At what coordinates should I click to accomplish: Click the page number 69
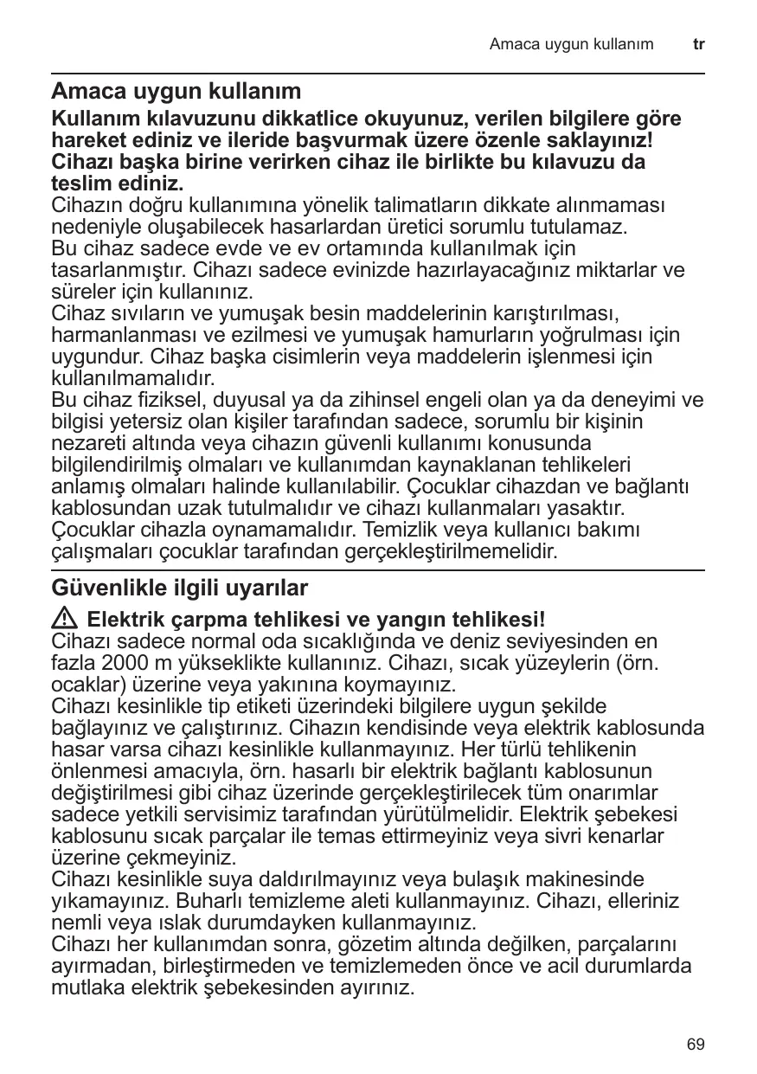(696, 1045)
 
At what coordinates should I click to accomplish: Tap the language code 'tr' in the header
(699, 43)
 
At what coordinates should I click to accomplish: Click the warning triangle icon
(66, 620)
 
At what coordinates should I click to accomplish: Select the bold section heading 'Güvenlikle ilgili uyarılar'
(180, 588)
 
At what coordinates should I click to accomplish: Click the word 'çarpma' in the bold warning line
(200, 621)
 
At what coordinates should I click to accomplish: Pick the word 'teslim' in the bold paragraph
(80, 184)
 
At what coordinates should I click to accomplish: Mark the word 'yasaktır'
(586, 506)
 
